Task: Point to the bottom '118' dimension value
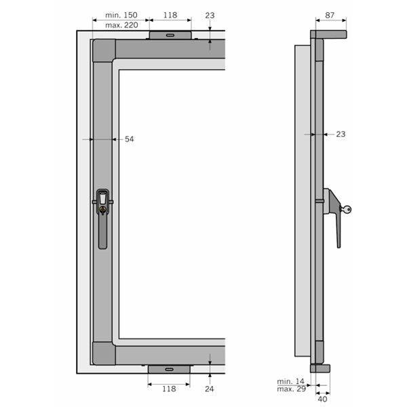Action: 169,389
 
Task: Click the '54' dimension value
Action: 129,139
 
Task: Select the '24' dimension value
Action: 210,389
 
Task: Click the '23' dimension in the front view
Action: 210,14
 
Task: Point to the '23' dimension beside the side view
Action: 341,134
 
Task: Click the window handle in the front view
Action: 102,217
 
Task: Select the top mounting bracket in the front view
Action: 170,35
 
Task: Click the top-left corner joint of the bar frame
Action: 103,50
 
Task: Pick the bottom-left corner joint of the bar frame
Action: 103,353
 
